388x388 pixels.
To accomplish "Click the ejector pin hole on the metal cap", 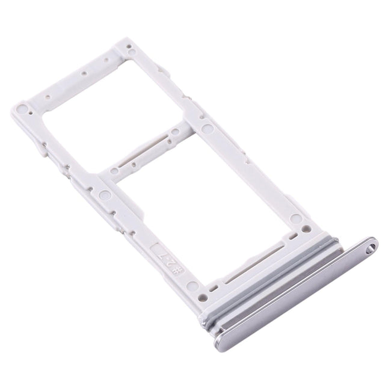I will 372,245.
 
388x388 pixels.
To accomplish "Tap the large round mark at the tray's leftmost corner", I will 22,109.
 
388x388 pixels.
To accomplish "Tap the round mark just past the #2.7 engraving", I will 191,286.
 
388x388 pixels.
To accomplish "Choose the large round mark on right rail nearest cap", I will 295,219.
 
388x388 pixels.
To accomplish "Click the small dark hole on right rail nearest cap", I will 306,229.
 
